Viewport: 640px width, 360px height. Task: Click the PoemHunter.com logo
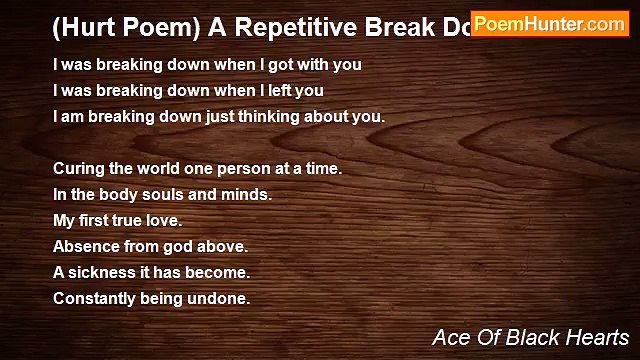tap(549, 24)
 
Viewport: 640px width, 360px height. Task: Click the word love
tap(163, 220)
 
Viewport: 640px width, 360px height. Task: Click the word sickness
tap(103, 272)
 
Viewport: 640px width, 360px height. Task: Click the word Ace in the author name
tap(449, 337)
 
